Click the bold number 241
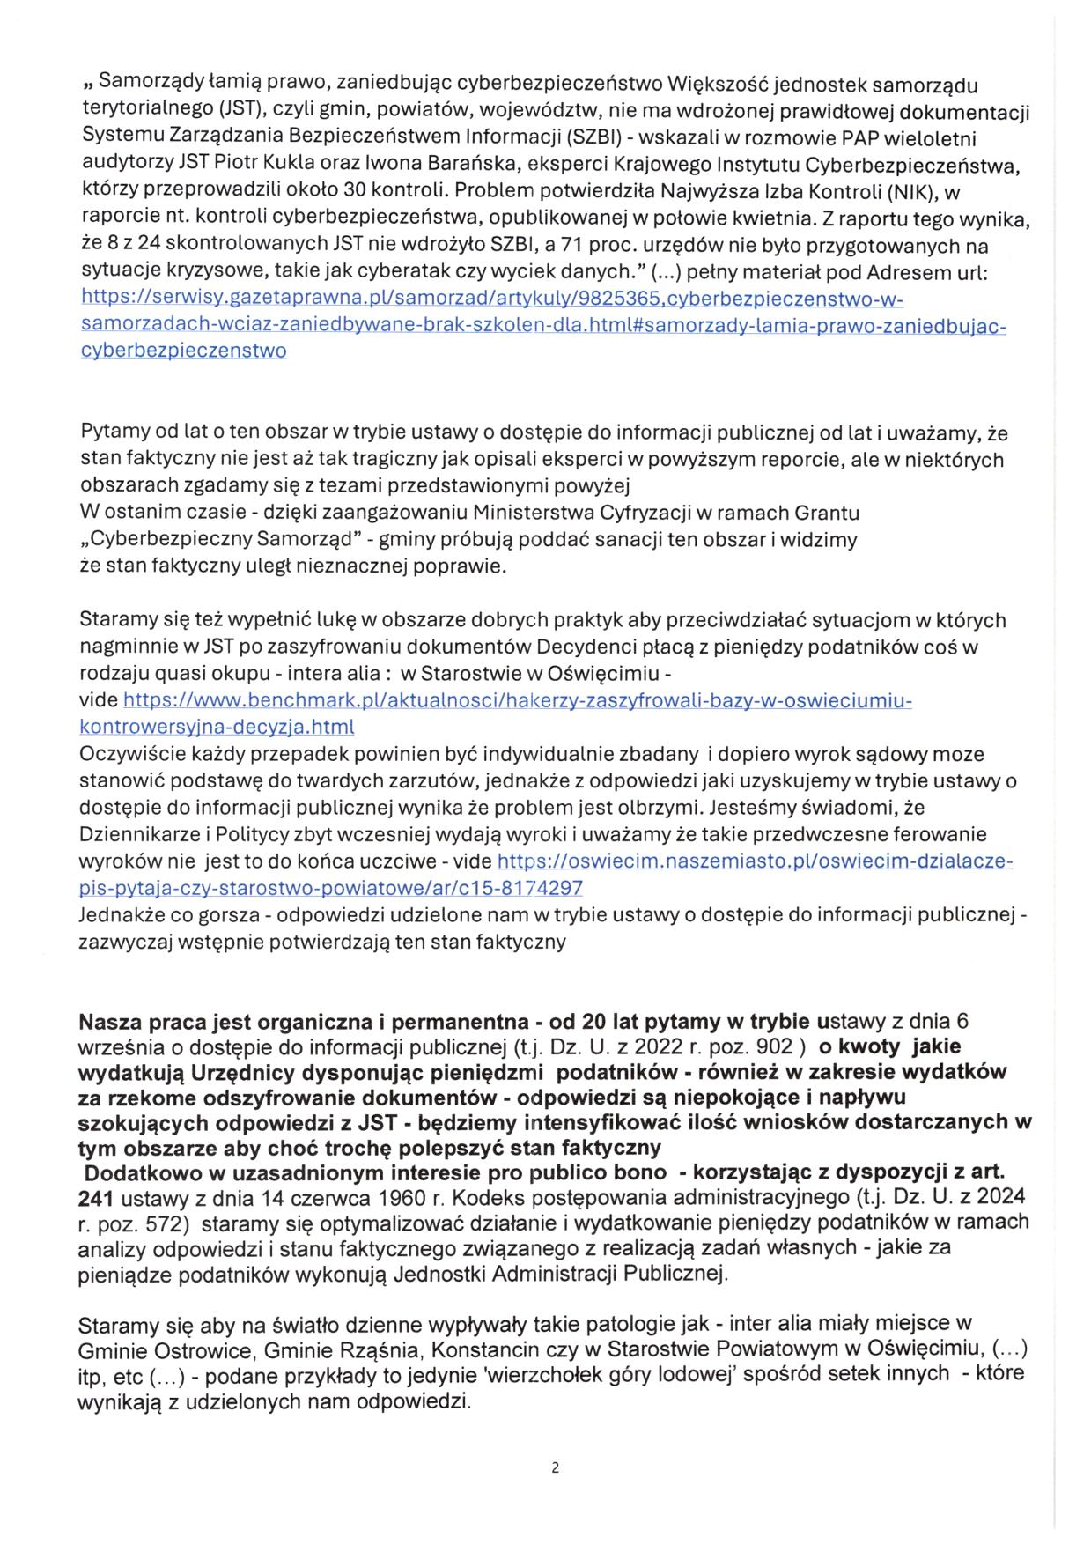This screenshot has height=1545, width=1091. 96,1198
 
